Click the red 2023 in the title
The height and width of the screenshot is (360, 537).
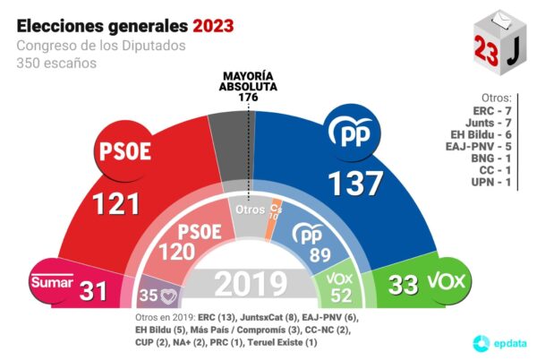209,24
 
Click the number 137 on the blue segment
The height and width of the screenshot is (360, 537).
354,183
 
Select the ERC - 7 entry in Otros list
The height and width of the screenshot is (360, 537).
491,110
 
